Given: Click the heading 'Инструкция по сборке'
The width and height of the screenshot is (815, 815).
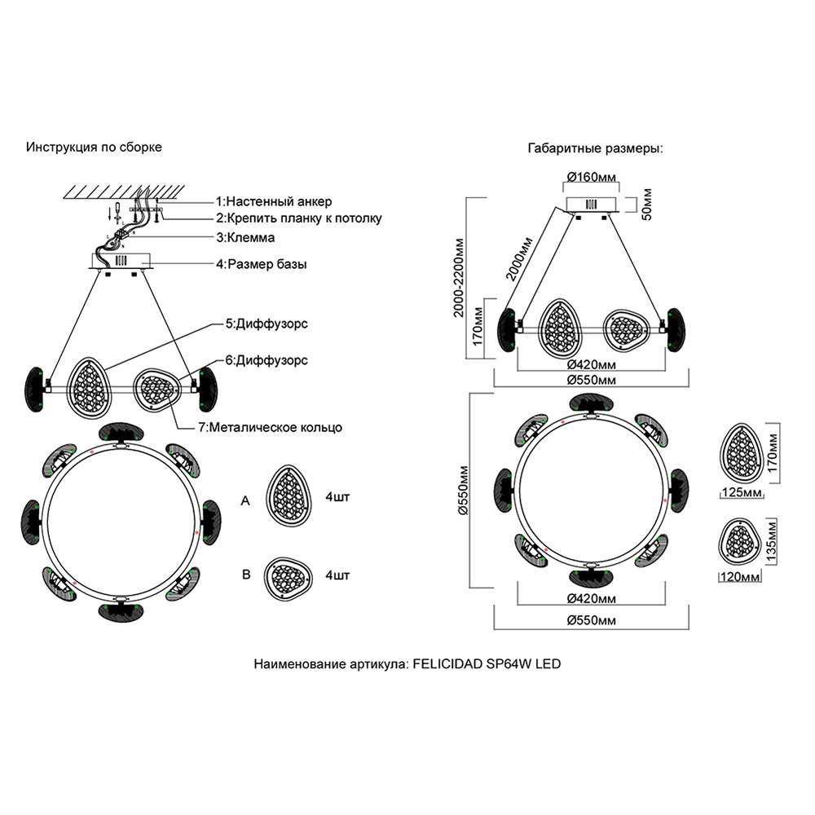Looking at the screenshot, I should (x=95, y=148).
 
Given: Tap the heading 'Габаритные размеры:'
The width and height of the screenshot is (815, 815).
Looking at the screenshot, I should (x=596, y=149).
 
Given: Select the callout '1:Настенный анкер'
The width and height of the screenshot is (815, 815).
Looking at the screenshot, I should (x=274, y=201).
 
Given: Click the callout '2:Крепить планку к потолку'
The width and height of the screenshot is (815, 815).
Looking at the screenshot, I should (x=298, y=218).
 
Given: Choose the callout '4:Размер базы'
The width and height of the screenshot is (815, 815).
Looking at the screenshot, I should (x=261, y=265).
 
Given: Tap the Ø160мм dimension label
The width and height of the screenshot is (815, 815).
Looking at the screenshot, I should (x=593, y=177).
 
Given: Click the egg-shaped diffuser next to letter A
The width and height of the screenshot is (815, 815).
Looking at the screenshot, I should (x=290, y=496).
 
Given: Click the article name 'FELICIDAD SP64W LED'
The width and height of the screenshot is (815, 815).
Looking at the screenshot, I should (x=487, y=664).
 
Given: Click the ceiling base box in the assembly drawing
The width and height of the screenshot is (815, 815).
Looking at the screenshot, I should (x=123, y=262).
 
